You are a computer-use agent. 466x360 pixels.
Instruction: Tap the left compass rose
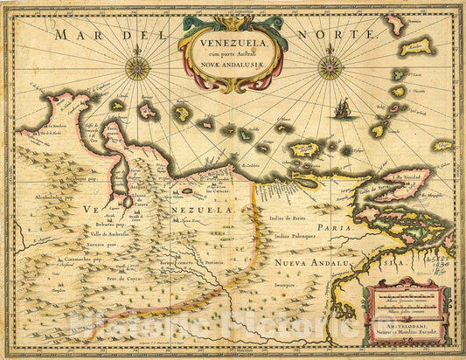click(136, 67)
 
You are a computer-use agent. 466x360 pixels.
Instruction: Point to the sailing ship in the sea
click(342, 109)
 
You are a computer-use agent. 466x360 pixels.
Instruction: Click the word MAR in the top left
click(73, 36)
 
